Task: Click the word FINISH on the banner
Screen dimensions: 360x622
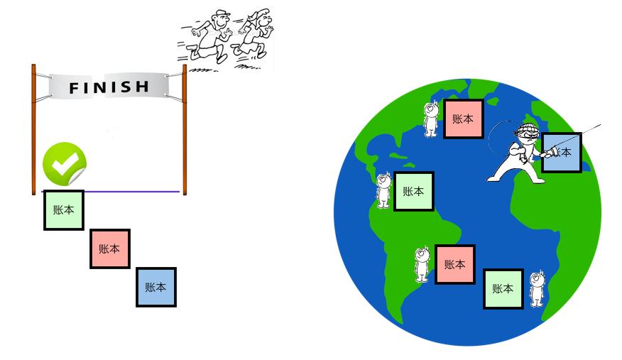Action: click(109, 87)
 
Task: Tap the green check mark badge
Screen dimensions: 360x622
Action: click(64, 163)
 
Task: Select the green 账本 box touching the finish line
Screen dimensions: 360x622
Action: click(64, 210)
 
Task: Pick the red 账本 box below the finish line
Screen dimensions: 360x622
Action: click(109, 249)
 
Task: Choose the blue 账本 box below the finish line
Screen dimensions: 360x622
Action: click(155, 287)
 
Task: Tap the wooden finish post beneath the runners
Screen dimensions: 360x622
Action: click(185, 128)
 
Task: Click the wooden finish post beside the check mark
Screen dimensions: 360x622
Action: click(33, 128)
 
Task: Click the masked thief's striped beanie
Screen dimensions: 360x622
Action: click(526, 129)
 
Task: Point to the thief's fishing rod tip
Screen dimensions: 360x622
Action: click(600, 125)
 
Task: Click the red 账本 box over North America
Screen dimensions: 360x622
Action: click(463, 119)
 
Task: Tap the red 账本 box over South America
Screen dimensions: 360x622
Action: click(454, 264)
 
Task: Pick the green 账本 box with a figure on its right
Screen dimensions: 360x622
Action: click(503, 288)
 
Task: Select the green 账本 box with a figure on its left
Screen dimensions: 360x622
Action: click(413, 191)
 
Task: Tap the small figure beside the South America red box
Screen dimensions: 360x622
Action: click(422, 264)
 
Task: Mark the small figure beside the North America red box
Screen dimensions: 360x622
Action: click(430, 119)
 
